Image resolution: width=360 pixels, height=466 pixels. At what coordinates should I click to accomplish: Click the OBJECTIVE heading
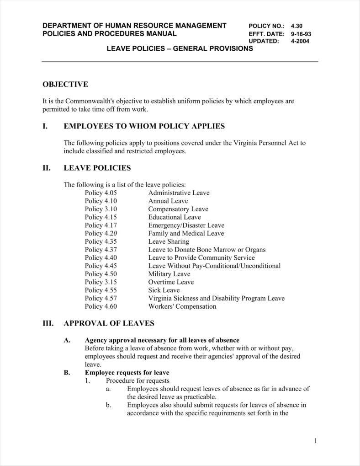65,84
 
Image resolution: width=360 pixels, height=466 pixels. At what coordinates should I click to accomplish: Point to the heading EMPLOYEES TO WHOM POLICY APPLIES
144,126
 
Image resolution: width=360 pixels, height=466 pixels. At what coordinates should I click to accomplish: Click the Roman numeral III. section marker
48,323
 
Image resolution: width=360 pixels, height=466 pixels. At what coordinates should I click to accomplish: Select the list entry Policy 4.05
101,193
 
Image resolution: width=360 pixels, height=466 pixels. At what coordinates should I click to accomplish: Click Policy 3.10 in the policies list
101,209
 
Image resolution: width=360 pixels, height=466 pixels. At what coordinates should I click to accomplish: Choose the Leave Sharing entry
168,241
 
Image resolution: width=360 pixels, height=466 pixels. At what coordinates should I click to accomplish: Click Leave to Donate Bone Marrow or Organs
206,250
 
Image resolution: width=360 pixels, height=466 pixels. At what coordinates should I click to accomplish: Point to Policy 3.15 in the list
101,282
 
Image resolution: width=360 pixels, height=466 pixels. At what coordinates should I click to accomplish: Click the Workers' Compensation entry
182,306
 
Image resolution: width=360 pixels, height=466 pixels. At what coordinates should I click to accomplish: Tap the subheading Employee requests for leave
127,372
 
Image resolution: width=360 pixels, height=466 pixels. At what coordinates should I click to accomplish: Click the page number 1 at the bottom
315,441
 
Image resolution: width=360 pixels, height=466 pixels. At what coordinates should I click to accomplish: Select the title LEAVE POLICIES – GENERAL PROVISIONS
180,48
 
